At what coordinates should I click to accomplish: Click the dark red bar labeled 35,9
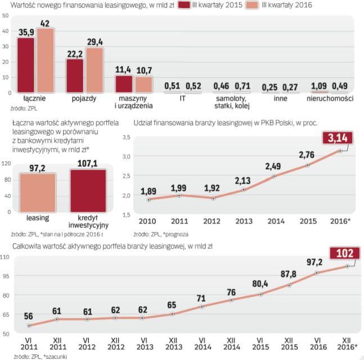25,64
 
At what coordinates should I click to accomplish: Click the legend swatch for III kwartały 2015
185,6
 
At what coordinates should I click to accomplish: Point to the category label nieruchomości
330,98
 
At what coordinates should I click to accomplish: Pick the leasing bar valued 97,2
38,192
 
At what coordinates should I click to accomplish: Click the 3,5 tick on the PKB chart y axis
126,137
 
